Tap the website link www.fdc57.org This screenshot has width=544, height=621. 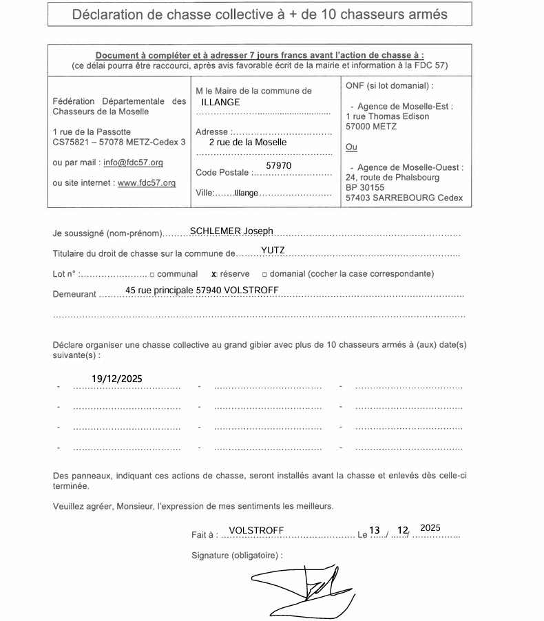(147, 183)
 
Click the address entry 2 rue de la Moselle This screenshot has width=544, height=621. (247, 143)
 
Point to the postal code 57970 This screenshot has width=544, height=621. (278, 167)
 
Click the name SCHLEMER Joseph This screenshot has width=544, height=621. (231, 231)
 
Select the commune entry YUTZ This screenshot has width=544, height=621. (273, 250)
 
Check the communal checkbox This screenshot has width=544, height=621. (151, 274)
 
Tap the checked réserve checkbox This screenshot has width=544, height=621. (214, 274)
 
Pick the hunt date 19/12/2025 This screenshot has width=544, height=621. (117, 379)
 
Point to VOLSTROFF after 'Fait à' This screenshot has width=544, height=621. (256, 530)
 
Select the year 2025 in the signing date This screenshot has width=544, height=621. (430, 528)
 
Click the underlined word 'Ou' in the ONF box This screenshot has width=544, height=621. (351, 147)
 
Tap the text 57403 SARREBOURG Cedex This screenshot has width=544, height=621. (404, 198)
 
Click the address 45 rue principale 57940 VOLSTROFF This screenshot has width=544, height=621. (202, 291)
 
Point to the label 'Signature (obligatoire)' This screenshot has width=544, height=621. (237, 555)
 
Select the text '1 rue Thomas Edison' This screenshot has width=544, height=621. (387, 116)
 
